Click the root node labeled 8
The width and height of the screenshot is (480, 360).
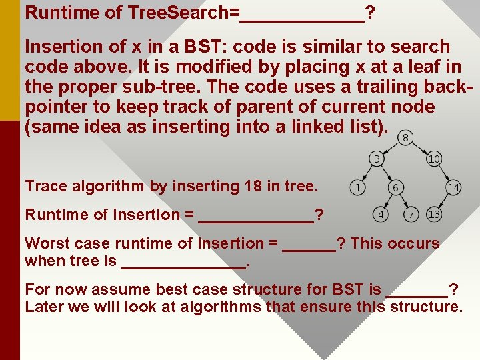pyautogui.click(x=405, y=137)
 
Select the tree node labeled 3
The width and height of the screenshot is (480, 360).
pyautogui.click(x=377, y=159)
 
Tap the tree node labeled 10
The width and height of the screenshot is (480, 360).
pyautogui.click(x=434, y=159)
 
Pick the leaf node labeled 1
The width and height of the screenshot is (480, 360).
pyautogui.click(x=358, y=188)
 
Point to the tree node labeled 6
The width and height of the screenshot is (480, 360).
pyautogui.click(x=395, y=188)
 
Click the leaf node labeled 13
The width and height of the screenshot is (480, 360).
pyautogui.click(x=434, y=215)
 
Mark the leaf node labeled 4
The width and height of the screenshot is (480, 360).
pyautogui.click(x=380, y=215)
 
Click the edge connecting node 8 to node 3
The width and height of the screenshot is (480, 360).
pyautogui.click(x=391, y=148)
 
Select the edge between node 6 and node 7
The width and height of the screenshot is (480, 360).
pyautogui.click(x=403, y=201)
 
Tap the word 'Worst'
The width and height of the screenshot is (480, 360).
pyautogui.click(x=47, y=243)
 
